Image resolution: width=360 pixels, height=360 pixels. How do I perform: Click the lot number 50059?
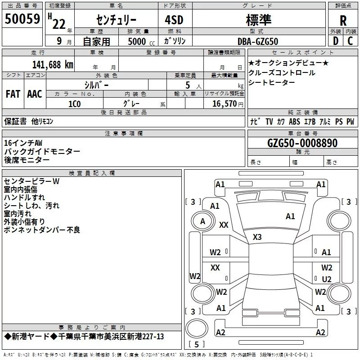[22, 18]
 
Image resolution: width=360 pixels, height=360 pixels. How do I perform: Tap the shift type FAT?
[13, 94]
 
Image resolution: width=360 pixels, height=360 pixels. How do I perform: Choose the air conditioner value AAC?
[35, 94]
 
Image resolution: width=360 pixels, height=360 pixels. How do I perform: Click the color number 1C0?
[75, 103]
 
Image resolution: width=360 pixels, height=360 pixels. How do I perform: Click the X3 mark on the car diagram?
[257, 237]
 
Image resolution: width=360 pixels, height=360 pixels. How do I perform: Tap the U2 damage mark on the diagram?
[327, 279]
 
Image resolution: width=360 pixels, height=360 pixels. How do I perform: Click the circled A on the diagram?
[202, 221]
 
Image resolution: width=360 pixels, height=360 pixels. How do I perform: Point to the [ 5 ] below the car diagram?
[196, 345]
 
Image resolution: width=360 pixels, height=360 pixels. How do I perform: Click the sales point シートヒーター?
[272, 82]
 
